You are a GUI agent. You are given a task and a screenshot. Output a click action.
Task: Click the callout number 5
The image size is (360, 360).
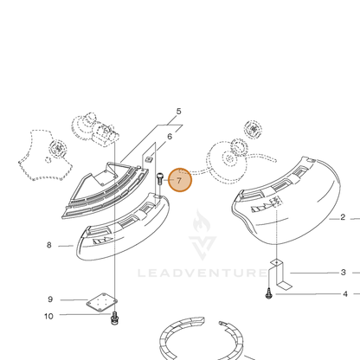(178, 112)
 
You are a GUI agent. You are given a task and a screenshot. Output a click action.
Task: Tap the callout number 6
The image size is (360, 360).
(170, 137)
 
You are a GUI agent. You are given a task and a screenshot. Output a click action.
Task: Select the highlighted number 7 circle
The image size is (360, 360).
(180, 180)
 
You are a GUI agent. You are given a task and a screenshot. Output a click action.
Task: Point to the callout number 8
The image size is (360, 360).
(49, 245)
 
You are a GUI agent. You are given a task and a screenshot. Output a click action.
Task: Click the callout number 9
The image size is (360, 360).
(50, 299)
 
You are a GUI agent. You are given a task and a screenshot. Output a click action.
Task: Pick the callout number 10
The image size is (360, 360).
(48, 316)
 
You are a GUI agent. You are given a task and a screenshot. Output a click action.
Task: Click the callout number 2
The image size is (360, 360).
(343, 217)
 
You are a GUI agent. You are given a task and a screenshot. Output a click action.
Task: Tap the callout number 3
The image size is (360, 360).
(343, 273)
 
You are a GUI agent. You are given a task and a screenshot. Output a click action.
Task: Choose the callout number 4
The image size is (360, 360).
(345, 294)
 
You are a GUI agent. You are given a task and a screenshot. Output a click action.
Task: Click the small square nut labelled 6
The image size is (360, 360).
(149, 159)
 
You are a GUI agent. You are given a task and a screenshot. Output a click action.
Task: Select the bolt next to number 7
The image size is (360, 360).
(159, 179)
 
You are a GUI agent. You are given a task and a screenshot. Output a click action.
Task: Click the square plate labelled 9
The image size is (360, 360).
(102, 302)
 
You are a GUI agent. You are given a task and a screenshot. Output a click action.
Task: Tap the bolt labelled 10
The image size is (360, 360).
(115, 318)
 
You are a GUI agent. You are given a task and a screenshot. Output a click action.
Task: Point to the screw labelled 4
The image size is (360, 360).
(268, 293)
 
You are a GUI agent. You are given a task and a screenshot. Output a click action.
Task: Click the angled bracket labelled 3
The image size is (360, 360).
(280, 273)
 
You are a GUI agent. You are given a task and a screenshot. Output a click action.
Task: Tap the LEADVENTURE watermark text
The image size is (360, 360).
(202, 273)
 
